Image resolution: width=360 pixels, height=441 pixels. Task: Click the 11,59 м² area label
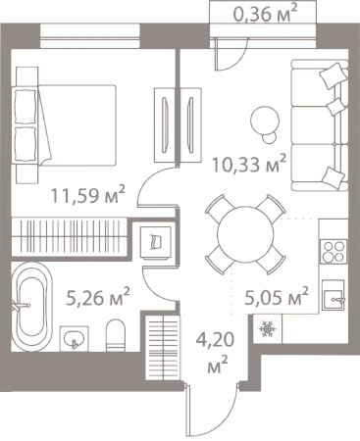pos(87,195)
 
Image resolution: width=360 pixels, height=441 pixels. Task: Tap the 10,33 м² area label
pos(249,164)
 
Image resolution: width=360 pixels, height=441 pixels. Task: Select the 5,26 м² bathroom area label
pos(98,298)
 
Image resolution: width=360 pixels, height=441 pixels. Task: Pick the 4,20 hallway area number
pos(215,340)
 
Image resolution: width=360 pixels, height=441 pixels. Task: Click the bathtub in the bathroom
pos(31,307)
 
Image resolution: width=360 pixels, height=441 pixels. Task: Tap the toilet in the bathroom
pos(116,335)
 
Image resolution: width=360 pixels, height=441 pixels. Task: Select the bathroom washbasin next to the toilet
pos(74,339)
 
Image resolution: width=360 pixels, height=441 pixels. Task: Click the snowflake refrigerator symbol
pos(268,328)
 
